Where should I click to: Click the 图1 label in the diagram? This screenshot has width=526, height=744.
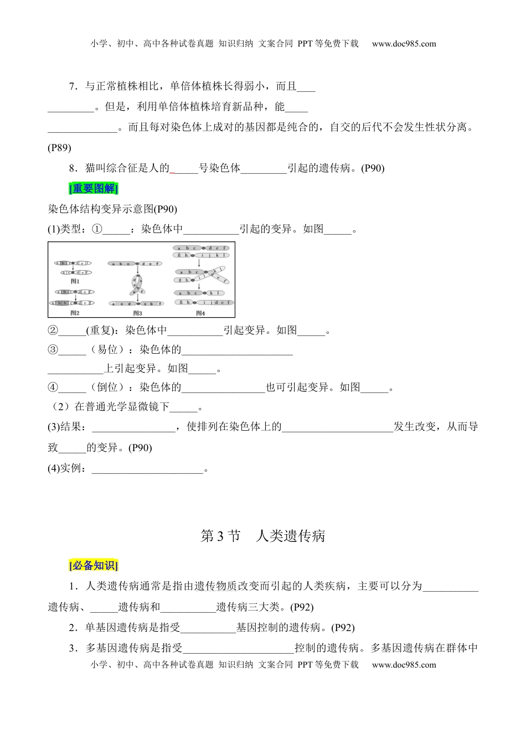tap(75, 281)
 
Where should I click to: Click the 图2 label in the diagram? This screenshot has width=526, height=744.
tap(75, 313)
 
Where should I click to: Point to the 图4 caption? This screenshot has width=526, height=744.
tap(200, 313)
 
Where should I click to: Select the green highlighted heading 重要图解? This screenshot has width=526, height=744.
tap(94, 189)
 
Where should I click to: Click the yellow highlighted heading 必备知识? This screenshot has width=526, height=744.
tap(94, 566)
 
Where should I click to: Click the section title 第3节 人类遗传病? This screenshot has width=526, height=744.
tap(262, 536)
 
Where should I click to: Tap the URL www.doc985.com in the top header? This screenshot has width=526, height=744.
tap(404, 44)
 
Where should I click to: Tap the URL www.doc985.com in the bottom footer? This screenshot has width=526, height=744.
tap(404, 665)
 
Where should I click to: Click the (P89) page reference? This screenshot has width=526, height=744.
tap(59, 148)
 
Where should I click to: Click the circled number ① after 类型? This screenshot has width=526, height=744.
tap(97, 229)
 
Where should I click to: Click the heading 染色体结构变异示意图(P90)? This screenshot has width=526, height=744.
tap(112, 209)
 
